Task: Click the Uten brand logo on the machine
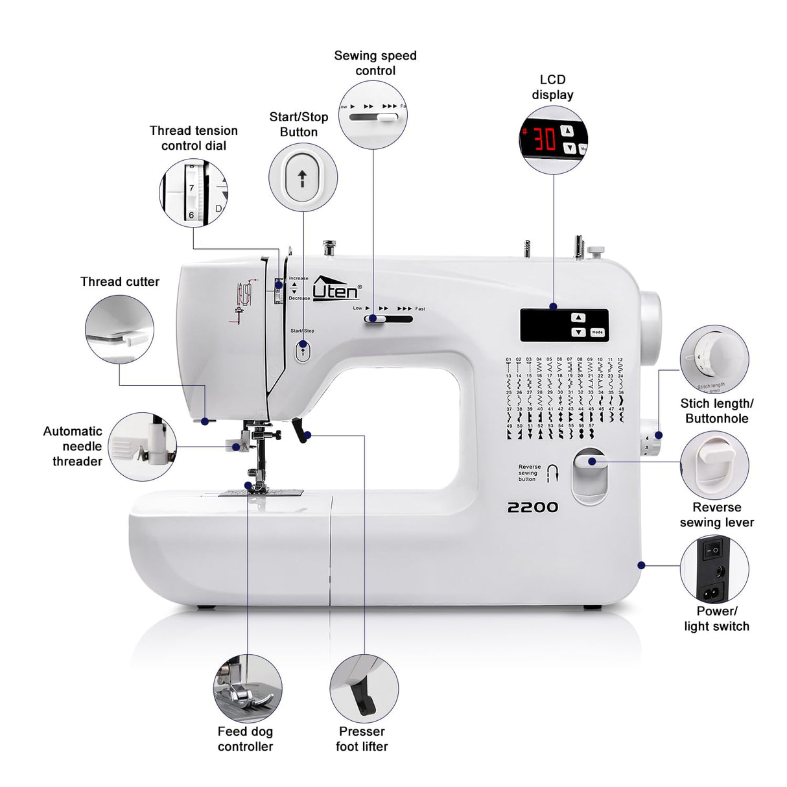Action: (x=336, y=288)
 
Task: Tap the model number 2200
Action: (x=532, y=507)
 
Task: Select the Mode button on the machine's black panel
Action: (x=597, y=332)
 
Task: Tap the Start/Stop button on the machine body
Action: (x=303, y=351)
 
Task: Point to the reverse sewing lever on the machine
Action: (x=589, y=462)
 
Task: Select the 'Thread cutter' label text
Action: (x=119, y=281)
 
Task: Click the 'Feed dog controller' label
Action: (x=245, y=739)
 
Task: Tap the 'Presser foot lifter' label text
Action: (x=362, y=739)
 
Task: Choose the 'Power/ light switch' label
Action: (x=716, y=618)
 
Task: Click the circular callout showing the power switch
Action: (x=714, y=569)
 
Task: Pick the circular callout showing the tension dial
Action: (x=193, y=193)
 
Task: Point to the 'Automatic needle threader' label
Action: (x=73, y=446)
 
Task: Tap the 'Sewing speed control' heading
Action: (x=375, y=63)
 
